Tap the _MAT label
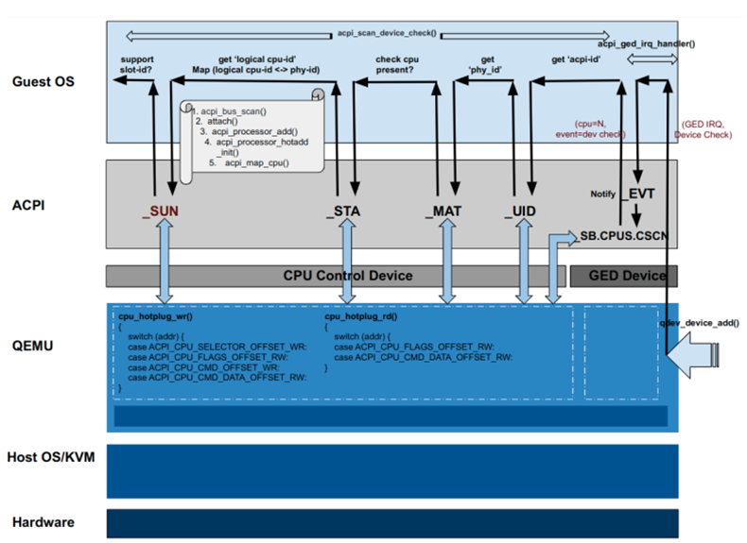(x=443, y=211)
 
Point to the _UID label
(x=520, y=211)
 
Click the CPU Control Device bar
(x=348, y=276)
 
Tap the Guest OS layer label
(x=43, y=82)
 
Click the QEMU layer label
(x=34, y=346)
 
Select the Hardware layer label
(x=43, y=521)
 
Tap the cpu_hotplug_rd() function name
(x=360, y=318)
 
